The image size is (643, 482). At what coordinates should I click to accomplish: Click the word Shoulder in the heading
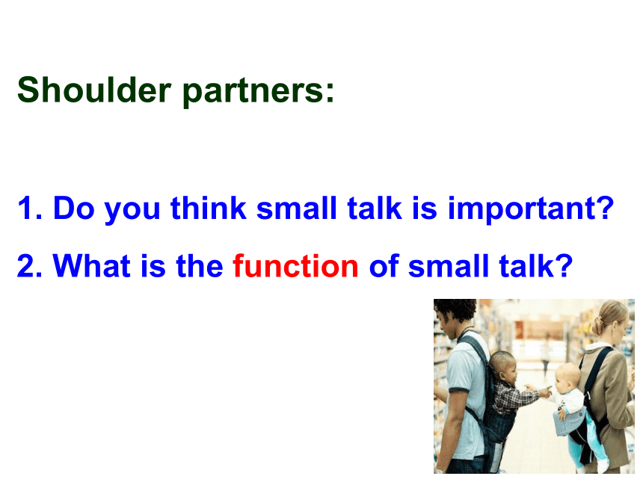(94, 90)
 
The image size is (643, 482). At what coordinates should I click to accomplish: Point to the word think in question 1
(209, 208)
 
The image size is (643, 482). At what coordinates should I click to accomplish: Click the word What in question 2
(91, 265)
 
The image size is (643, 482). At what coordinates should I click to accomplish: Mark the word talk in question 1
(374, 208)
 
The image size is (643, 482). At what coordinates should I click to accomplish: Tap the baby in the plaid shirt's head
(502, 365)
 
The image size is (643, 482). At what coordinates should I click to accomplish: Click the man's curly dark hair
(456, 312)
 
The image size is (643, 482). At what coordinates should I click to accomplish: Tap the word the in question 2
(200, 265)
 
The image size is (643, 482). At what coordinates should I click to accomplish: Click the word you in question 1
(132, 211)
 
